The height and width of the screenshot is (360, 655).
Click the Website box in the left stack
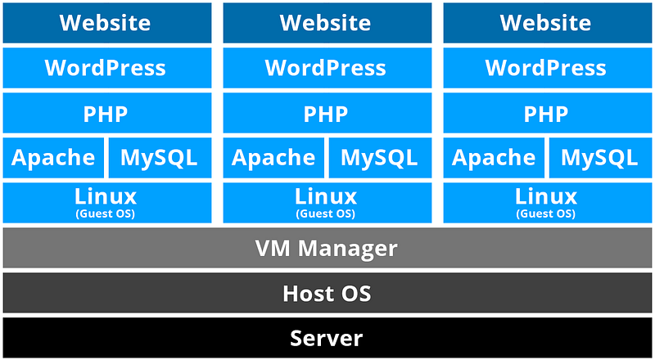[107, 23]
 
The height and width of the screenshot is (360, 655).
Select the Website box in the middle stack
[327, 23]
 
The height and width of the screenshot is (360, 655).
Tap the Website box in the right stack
[547, 23]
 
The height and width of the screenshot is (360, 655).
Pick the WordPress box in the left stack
[107, 68]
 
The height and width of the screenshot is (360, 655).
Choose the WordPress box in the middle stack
[327, 68]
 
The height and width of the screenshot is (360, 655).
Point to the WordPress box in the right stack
[547, 68]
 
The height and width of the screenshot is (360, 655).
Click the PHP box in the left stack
[107, 113]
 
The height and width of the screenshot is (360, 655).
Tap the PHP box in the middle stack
[327, 113]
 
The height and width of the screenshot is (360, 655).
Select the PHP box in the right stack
[547, 113]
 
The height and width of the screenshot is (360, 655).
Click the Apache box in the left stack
[53, 158]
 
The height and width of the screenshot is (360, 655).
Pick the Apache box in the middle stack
[273, 158]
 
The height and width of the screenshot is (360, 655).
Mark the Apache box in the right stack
[494, 158]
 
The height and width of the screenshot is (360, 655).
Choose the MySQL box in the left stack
[160, 158]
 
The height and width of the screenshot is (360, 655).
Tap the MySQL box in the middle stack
[380, 158]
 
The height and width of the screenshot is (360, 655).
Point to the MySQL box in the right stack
[601, 158]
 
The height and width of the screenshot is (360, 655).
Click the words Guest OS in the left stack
[106, 214]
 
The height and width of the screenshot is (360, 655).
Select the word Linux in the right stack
[546, 196]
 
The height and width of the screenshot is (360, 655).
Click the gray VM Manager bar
[327, 248]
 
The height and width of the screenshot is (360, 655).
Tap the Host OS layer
[327, 293]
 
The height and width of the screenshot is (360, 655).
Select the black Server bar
[327, 337]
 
